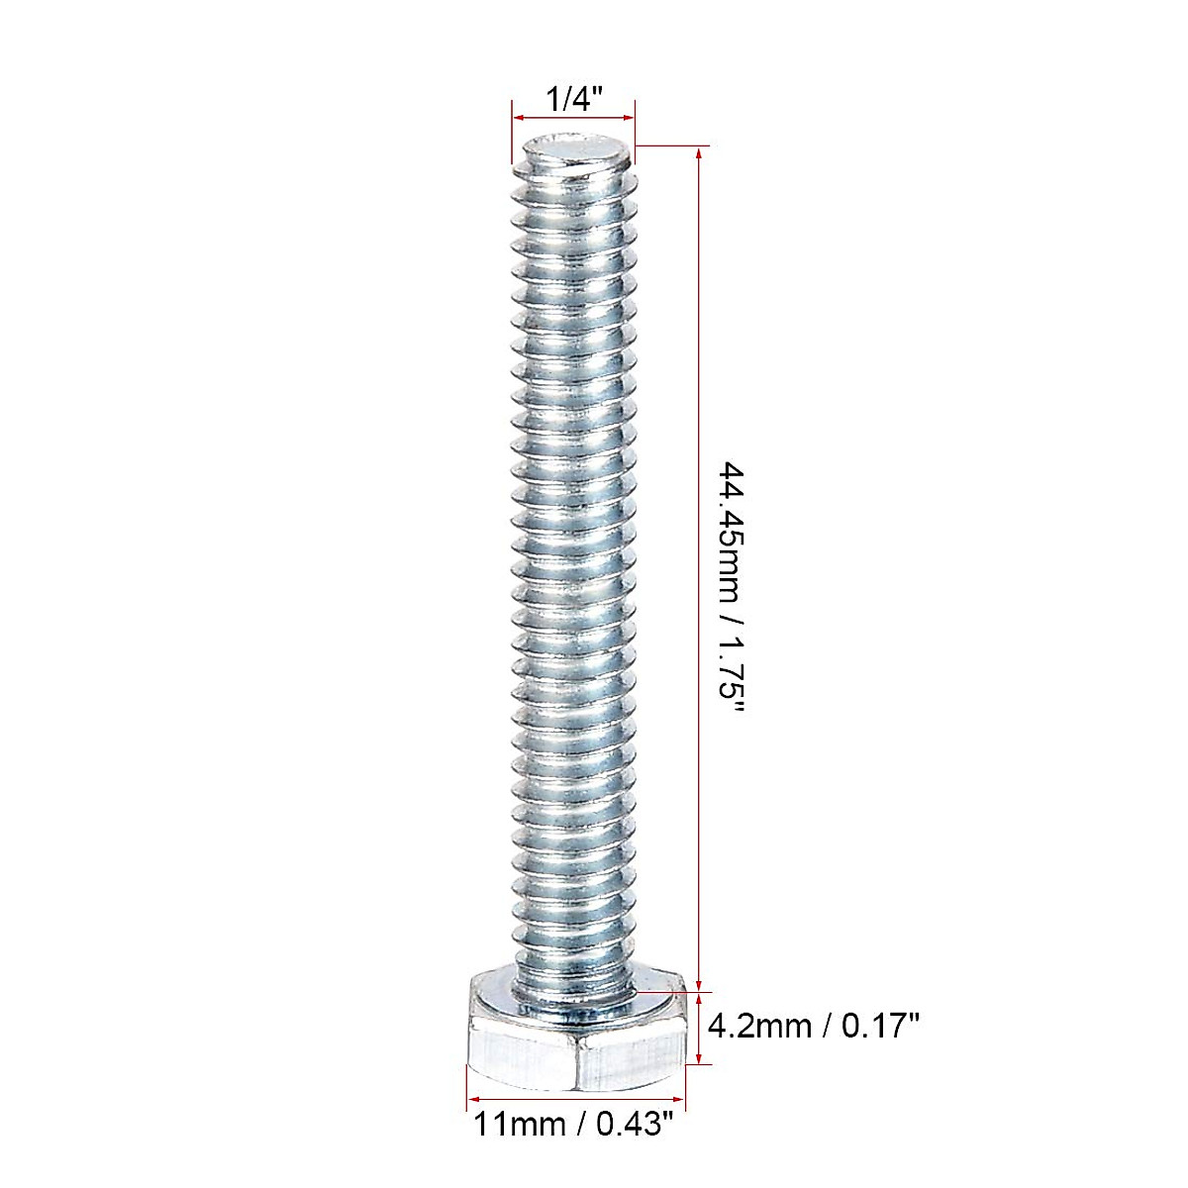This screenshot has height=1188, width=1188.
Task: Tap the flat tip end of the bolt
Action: coord(574,154)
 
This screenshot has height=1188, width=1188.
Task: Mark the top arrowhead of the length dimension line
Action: coord(701,153)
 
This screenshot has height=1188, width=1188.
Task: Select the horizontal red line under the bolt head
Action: coord(576,1099)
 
